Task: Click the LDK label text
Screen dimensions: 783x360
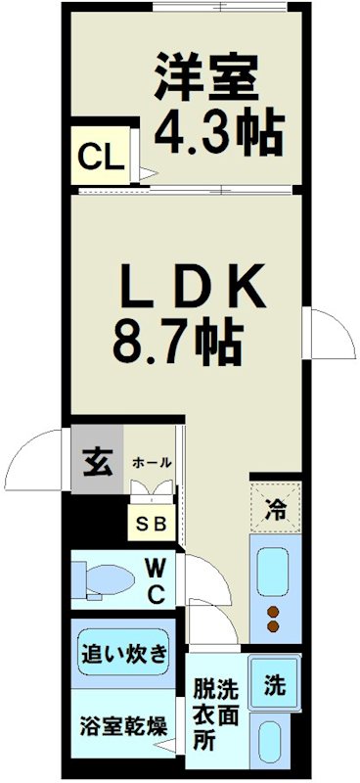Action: [192, 288]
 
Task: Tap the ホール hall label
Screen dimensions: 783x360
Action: [152, 461]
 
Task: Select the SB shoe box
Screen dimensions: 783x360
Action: [152, 523]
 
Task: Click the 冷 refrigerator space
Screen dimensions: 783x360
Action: [276, 509]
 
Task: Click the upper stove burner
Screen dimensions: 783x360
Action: [275, 612]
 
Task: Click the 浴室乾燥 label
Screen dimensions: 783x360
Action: [121, 726]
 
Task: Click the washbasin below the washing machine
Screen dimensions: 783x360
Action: [273, 741]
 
